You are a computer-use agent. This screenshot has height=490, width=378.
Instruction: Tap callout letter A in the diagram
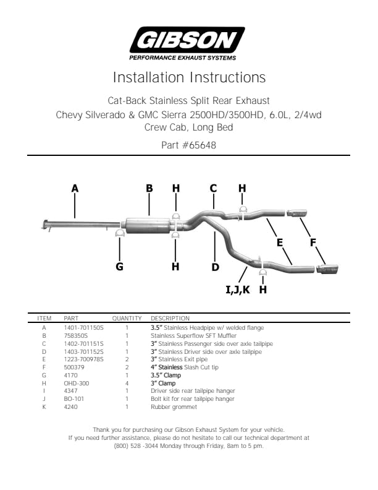point(75,188)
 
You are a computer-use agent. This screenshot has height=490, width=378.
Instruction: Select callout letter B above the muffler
point(149,188)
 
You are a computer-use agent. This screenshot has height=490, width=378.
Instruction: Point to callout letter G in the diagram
point(119,267)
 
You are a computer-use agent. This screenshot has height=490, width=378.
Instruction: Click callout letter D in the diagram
point(215,267)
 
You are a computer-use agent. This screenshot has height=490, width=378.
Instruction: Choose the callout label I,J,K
point(238,289)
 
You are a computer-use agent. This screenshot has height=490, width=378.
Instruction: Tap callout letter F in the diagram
point(313,243)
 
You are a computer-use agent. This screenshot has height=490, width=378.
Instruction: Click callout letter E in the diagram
point(280,243)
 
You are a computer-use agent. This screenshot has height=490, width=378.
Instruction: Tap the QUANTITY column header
point(127,318)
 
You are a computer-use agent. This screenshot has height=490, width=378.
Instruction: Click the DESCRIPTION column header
point(170,318)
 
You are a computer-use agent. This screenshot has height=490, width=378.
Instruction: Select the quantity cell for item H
point(127,384)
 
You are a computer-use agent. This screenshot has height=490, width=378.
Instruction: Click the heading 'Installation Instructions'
point(189,78)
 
